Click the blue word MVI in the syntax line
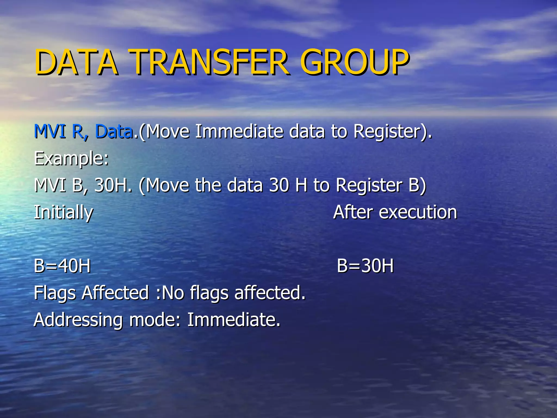(50, 131)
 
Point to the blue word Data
(114, 131)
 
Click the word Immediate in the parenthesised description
(239, 131)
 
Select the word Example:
(72, 159)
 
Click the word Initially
(63, 213)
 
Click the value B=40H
(62, 266)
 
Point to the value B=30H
(365, 266)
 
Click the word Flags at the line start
(55, 293)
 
